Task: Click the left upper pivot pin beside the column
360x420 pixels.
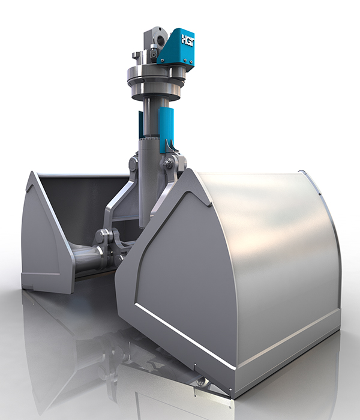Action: [133, 163]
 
